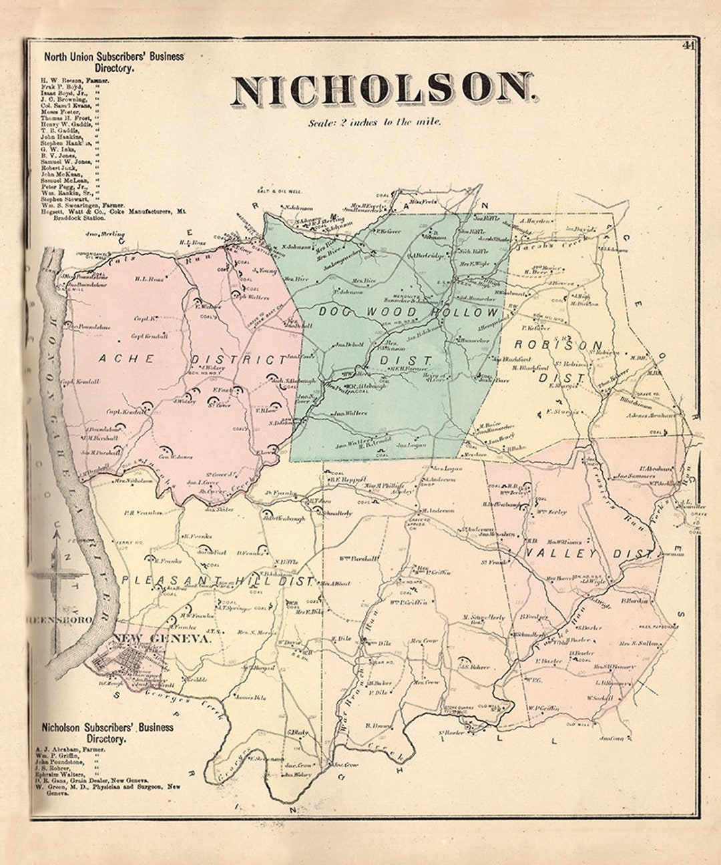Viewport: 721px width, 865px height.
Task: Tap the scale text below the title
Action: tap(375, 123)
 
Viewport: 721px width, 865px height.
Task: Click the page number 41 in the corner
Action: tap(688, 45)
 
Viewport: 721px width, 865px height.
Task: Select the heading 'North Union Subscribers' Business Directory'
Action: tap(113, 62)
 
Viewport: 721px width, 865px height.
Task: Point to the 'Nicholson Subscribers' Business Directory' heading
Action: tap(107, 733)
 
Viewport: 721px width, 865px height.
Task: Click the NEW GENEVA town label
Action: tap(162, 639)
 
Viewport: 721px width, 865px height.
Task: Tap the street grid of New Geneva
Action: tap(127, 665)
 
